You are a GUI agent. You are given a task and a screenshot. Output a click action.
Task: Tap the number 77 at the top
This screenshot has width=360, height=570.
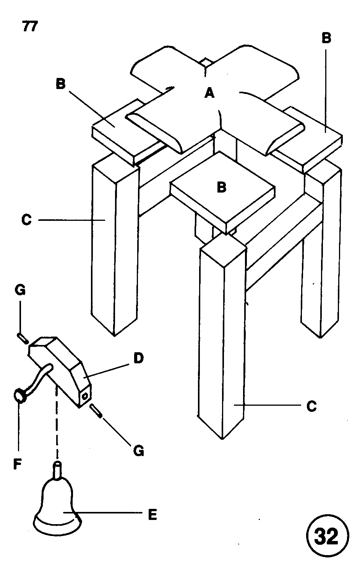point(29,28)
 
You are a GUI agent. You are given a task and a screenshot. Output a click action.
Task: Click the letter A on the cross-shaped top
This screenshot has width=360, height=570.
point(209,92)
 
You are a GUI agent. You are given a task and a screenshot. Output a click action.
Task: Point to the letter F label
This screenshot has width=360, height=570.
point(16,463)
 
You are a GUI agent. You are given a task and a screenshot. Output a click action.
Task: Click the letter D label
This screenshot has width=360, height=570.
point(138,358)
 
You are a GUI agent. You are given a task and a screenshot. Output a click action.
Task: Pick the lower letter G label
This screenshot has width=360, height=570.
point(138,451)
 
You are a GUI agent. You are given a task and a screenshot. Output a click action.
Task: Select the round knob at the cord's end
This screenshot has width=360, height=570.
point(19,395)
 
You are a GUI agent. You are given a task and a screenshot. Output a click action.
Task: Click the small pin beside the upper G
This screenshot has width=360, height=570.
point(21,337)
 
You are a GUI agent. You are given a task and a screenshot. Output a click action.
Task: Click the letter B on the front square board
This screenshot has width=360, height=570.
point(222,188)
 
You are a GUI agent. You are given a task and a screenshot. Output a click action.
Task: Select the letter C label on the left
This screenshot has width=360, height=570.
point(26,220)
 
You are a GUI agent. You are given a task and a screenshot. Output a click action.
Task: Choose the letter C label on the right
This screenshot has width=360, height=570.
point(311,406)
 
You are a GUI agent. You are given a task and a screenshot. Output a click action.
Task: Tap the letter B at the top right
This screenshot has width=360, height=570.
point(326,38)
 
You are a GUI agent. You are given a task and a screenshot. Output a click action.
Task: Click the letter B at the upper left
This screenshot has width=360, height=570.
point(60,84)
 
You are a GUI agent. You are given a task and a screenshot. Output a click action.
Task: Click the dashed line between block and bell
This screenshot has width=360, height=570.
point(57,428)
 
